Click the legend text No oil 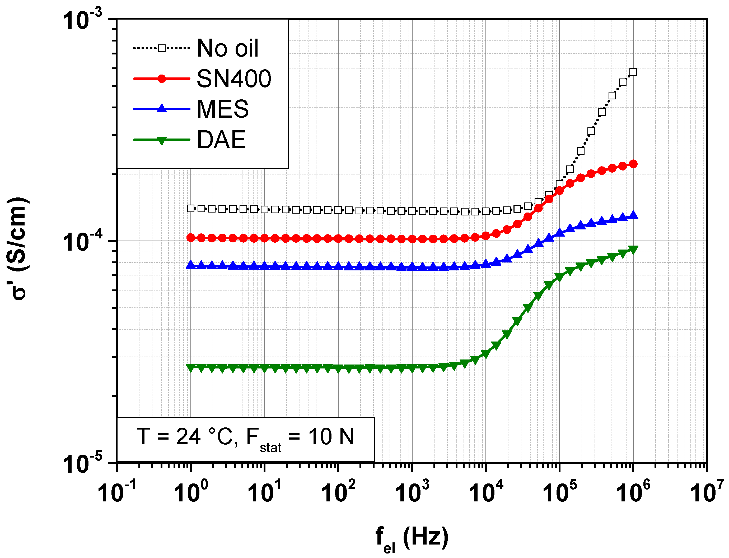(x=227, y=48)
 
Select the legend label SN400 (x=234, y=79)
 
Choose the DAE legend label (x=221, y=140)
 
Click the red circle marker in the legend (x=162, y=79)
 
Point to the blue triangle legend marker (x=162, y=109)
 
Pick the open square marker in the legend (x=162, y=48)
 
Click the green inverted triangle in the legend (x=162, y=140)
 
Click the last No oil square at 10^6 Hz (x=633, y=72)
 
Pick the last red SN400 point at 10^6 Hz (x=633, y=164)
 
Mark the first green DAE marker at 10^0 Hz (x=190, y=367)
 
